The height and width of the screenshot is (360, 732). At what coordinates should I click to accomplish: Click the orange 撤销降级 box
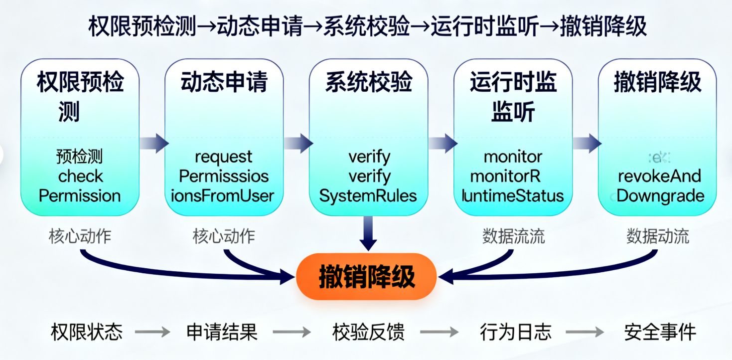(367, 277)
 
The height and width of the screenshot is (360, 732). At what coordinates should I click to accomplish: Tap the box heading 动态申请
(224, 82)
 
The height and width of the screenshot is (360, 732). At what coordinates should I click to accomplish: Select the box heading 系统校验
(368, 82)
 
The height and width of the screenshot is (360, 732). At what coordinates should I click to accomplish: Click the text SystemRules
(368, 195)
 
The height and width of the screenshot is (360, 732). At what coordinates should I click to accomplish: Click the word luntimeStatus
(513, 195)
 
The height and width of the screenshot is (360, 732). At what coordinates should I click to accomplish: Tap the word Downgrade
(660, 195)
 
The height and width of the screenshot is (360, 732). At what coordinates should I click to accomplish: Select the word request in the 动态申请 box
(224, 157)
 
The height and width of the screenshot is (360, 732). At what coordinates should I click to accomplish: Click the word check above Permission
(80, 176)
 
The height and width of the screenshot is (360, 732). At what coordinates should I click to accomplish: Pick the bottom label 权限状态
(86, 332)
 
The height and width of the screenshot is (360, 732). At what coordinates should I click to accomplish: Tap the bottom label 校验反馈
(368, 332)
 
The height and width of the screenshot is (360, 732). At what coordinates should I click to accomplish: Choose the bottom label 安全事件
(660, 332)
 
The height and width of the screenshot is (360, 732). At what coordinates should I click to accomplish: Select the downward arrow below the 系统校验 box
(368, 233)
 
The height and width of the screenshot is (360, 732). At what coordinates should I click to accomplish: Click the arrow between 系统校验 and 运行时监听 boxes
(441, 143)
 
